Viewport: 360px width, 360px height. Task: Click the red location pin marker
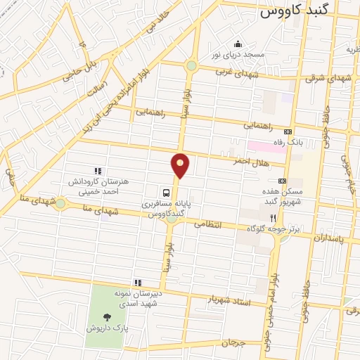click(181, 165)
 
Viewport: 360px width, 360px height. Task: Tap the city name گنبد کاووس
click(299, 12)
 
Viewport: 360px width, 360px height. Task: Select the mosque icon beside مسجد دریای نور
click(237, 42)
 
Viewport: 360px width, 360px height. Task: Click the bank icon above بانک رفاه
click(287, 131)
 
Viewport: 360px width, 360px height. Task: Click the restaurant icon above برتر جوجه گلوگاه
click(274, 219)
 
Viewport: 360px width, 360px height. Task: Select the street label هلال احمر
click(250, 161)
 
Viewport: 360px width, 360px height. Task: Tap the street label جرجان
click(230, 342)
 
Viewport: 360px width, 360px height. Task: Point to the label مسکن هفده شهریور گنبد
click(283, 198)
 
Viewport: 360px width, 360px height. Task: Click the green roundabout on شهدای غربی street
click(191, 65)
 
